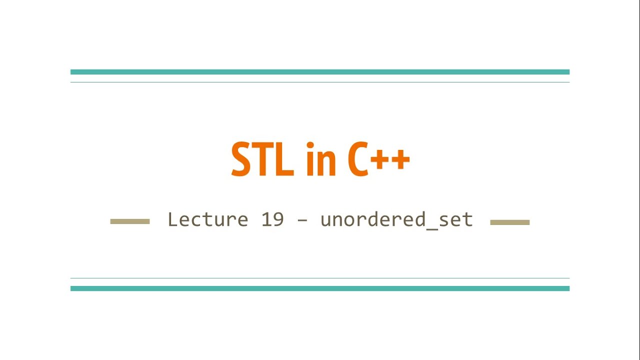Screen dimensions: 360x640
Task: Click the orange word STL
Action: (x=262, y=159)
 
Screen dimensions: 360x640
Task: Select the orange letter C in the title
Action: (x=358, y=159)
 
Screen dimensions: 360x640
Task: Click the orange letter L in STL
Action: (x=283, y=159)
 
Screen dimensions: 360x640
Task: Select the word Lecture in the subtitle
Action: (x=207, y=219)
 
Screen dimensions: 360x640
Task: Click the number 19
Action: (x=272, y=219)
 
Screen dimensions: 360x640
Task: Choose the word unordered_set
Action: (x=396, y=219)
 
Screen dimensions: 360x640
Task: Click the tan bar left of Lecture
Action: (x=130, y=221)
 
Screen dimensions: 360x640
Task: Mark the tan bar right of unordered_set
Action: (x=509, y=222)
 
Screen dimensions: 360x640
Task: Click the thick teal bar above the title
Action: (x=320, y=72)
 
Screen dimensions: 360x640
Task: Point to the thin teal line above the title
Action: (x=320, y=82)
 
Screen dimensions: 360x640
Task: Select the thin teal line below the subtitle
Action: (x=320, y=278)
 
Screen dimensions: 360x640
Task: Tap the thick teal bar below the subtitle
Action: (x=320, y=288)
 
